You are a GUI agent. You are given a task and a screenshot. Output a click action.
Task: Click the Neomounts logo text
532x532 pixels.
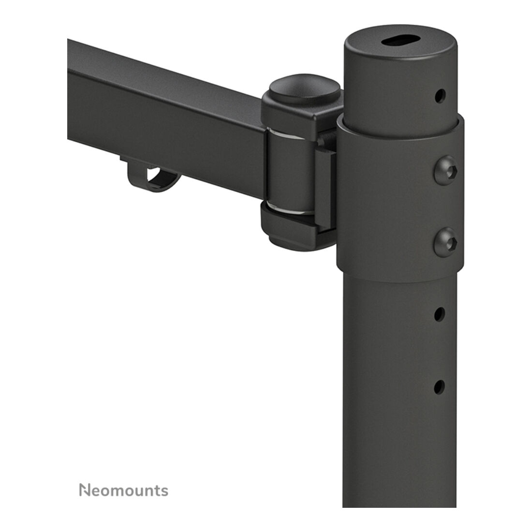click(123, 490)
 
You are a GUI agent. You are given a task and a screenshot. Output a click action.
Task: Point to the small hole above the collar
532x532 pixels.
click(440, 96)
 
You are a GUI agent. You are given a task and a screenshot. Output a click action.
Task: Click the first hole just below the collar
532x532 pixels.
click(440, 314)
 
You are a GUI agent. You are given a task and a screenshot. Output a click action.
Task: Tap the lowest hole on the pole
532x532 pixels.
click(439, 387)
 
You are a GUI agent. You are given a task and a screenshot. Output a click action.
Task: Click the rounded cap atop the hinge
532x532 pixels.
click(305, 88)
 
